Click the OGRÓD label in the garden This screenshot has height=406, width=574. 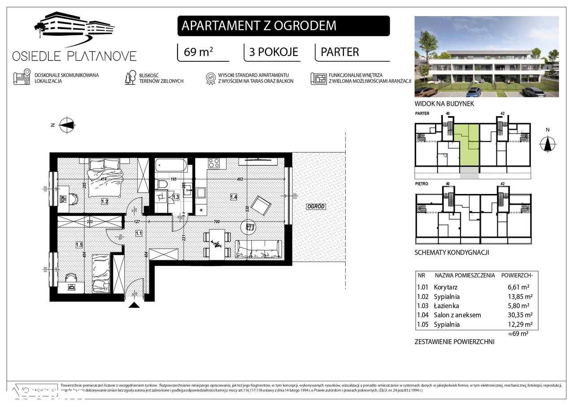(316, 207)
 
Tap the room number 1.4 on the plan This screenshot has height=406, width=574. (233, 196)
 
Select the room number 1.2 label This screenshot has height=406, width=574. (104, 202)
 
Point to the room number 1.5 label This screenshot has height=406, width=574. (79, 245)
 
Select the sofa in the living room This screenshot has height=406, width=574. (259, 249)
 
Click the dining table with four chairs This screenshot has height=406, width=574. (217, 243)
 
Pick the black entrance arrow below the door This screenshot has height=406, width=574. (134, 305)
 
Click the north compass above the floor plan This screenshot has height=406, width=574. (68, 125)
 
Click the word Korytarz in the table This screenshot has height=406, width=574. (446, 287)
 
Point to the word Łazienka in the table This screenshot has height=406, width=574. (447, 306)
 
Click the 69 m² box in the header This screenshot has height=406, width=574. (199, 52)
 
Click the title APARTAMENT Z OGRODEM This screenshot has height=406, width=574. (259, 26)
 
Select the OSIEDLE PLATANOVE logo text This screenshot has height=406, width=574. (74, 56)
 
